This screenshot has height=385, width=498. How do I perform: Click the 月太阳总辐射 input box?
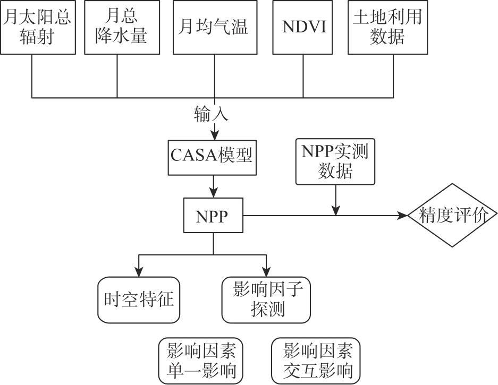click(x=37, y=27)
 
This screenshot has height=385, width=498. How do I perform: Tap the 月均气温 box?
click(x=215, y=27)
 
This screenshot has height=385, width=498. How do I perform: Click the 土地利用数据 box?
click(x=387, y=27)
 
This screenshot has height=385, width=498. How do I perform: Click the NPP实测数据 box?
click(x=335, y=161)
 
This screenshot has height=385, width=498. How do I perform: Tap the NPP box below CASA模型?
click(x=213, y=216)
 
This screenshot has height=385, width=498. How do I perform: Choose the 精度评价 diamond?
click(x=452, y=216)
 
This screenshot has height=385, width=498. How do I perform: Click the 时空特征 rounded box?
click(x=140, y=300)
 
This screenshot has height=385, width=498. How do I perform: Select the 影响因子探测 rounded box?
click(x=266, y=300)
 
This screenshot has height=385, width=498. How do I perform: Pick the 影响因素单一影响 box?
click(x=201, y=361)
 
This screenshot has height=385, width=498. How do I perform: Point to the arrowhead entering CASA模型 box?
click(x=215, y=133)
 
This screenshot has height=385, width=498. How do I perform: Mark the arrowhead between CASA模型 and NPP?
click(x=214, y=193)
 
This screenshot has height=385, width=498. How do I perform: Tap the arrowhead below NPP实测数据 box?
click(x=335, y=210)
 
